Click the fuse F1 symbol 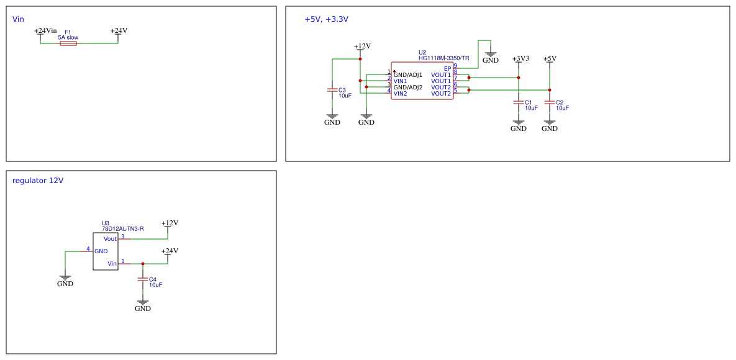pyautogui.click(x=68, y=43)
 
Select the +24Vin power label pyautogui.click(x=45, y=30)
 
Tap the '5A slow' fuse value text pyautogui.click(x=68, y=37)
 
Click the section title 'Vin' pyautogui.click(x=18, y=19)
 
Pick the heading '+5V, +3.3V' pyautogui.click(x=326, y=19)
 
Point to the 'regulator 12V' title pyautogui.click(x=38, y=181)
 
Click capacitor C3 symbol pyautogui.click(x=332, y=90)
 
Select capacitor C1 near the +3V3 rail pyautogui.click(x=519, y=102)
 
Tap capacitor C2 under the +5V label pyautogui.click(x=550, y=102)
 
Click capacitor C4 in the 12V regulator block pyautogui.click(x=143, y=279)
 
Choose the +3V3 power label pyautogui.click(x=520, y=58)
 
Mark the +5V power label pyautogui.click(x=550, y=58)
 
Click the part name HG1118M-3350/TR pyautogui.click(x=443, y=58)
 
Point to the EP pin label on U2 pyautogui.click(x=447, y=69)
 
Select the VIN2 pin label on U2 pyautogui.click(x=400, y=94)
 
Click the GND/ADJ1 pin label pyautogui.click(x=407, y=75)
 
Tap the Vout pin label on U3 pyautogui.click(x=110, y=239)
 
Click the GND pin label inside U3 pyautogui.click(x=101, y=251)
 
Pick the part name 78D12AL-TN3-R pyautogui.click(x=122, y=229)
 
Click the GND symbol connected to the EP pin pyautogui.click(x=491, y=57)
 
